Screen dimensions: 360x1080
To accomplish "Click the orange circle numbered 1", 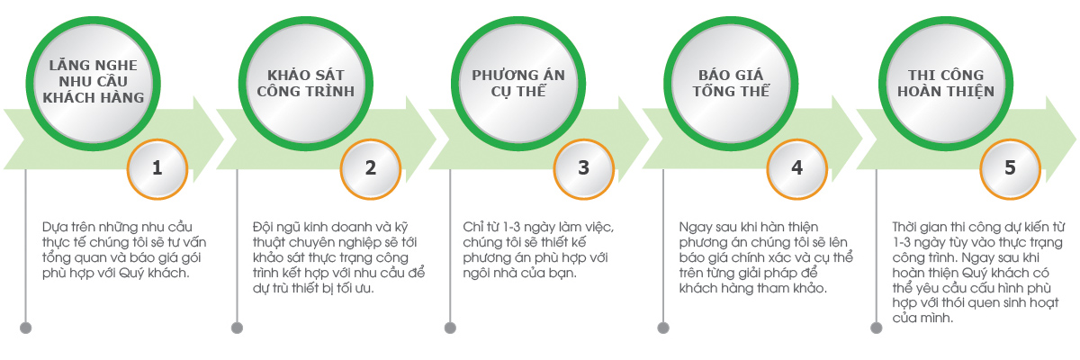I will coord(157,168).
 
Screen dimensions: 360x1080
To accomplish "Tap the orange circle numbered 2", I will coord(370,168).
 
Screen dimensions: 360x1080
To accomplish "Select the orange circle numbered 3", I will coord(583,168).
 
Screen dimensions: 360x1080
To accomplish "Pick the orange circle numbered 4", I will coord(796,168).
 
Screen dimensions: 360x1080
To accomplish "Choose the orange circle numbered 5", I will coord(1010,168).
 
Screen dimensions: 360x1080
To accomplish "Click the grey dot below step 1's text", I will coord(25,327).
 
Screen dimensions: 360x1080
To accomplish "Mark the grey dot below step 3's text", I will coord(451,327).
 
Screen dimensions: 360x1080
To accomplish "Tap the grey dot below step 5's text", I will coord(877,327).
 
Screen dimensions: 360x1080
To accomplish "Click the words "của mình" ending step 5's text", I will coord(918,318).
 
